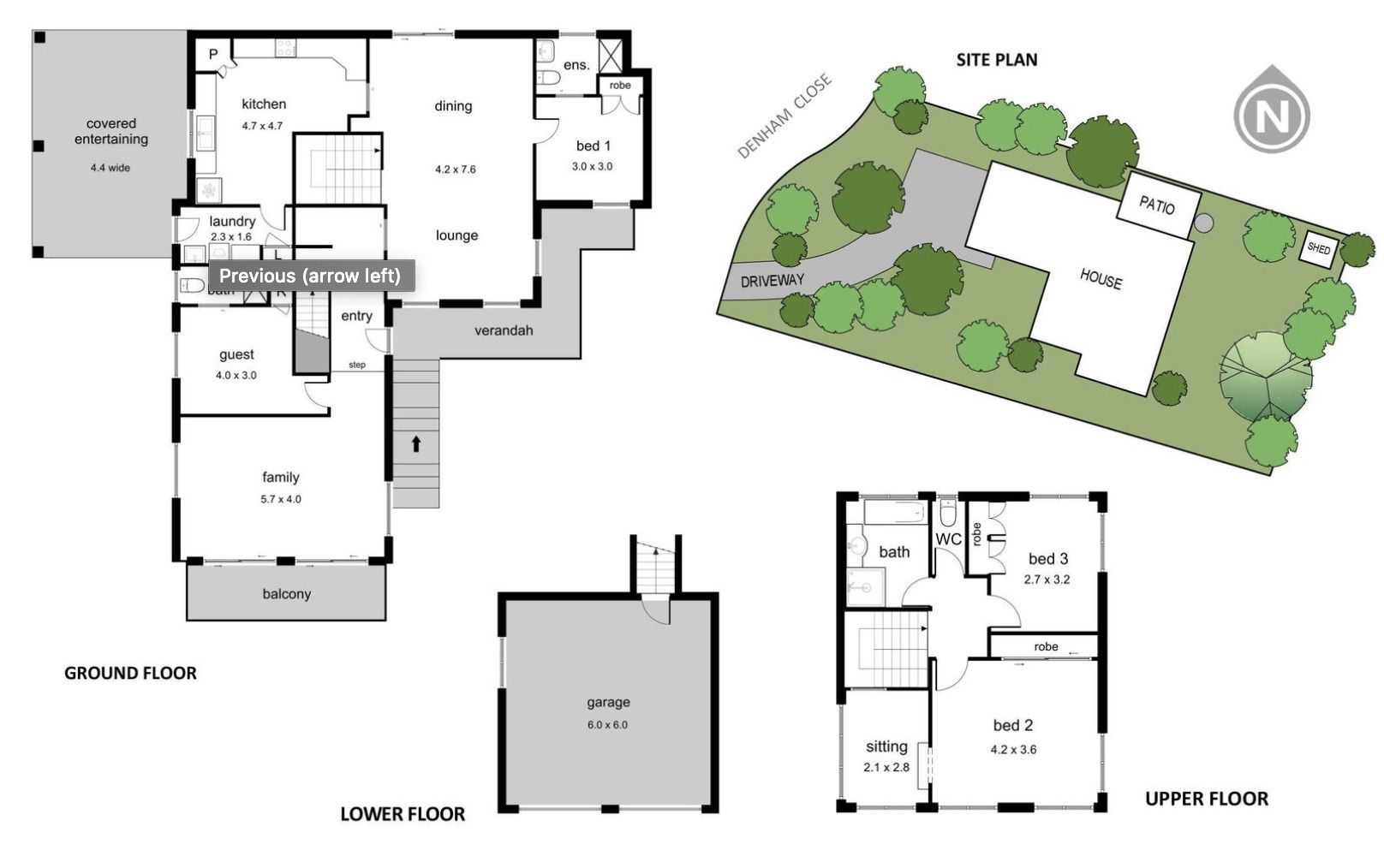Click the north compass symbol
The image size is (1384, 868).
tap(1271, 115)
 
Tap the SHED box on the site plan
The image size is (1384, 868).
tap(1318, 249)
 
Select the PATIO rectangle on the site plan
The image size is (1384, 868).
tap(1156, 205)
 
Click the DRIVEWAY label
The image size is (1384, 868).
tap(772, 281)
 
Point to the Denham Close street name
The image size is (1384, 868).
tap(784, 116)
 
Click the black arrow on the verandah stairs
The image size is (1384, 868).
tap(416, 443)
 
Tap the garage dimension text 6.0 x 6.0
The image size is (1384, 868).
tap(607, 725)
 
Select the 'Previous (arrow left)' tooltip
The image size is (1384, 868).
tap(309, 276)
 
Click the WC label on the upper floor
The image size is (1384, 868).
tap(948, 539)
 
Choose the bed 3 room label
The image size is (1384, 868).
tap(1047, 559)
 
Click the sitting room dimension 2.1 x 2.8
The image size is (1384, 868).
tap(886, 768)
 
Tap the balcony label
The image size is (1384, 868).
tap(286, 594)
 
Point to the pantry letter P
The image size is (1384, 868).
tap(213, 55)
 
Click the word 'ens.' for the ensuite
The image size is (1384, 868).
tap(576, 65)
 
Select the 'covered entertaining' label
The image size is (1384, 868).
tap(110, 131)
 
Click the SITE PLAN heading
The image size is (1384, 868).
tap(996, 60)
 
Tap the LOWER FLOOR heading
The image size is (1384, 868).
tap(403, 814)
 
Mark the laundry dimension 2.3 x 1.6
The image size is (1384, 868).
tap(231, 237)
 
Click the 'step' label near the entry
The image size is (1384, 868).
tap(357, 365)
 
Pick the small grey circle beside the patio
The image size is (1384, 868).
tap(1203, 223)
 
